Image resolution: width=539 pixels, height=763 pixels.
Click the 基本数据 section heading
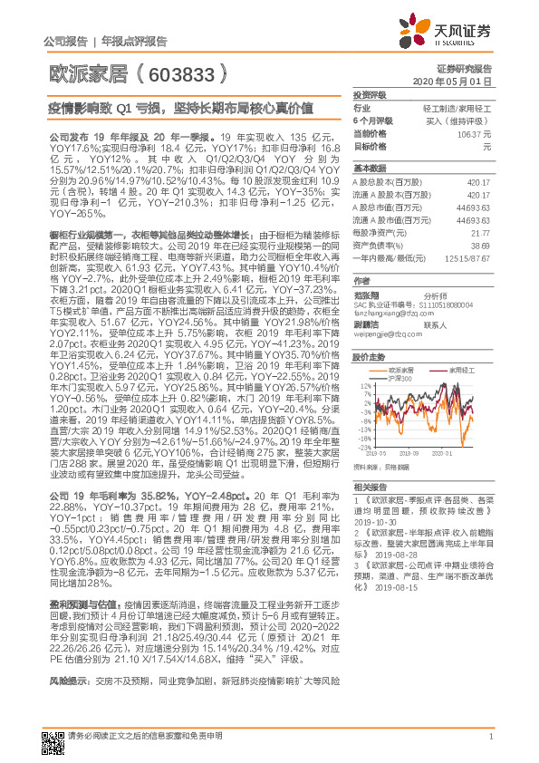point(369,169)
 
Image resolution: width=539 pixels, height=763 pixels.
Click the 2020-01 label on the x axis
point(442,453)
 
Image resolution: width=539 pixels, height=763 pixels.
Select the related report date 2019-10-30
point(378,521)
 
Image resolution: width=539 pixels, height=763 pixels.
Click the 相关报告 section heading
point(369,487)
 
